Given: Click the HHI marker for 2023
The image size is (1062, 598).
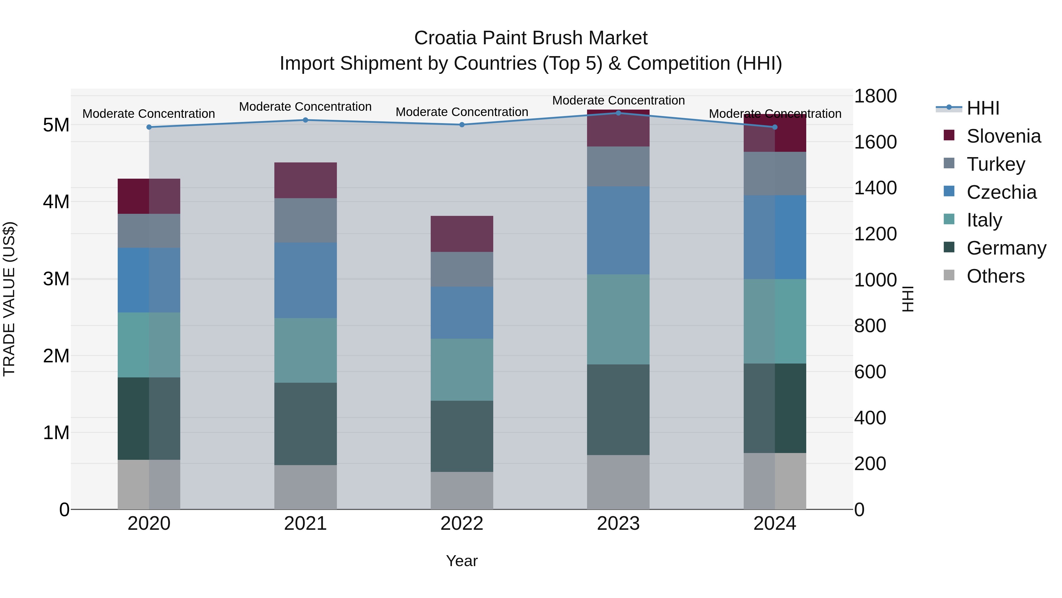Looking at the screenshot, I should [x=618, y=113].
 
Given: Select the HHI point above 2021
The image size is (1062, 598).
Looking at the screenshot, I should [x=306, y=120].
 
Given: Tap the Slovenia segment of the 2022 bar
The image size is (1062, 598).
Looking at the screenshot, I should [x=462, y=234].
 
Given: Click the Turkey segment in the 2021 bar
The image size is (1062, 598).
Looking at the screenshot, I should [x=306, y=220].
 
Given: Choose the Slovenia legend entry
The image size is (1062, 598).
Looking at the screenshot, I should [x=1004, y=136].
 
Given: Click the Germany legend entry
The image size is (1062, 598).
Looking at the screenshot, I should [x=1006, y=248].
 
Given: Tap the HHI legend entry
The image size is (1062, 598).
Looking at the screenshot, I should [x=983, y=108].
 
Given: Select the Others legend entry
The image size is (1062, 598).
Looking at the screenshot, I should [x=995, y=276].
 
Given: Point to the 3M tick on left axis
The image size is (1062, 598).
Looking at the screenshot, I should [x=56, y=279].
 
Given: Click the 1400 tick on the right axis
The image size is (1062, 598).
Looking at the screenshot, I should [x=875, y=188].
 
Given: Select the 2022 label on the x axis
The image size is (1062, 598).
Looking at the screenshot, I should [x=462, y=524].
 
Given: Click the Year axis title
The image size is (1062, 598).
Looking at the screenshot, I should [x=462, y=561].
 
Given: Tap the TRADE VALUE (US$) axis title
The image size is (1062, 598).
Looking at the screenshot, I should [x=9, y=299].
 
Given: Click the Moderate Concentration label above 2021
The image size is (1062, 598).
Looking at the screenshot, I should [x=306, y=107].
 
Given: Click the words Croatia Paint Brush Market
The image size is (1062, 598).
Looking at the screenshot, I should [x=531, y=38].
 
